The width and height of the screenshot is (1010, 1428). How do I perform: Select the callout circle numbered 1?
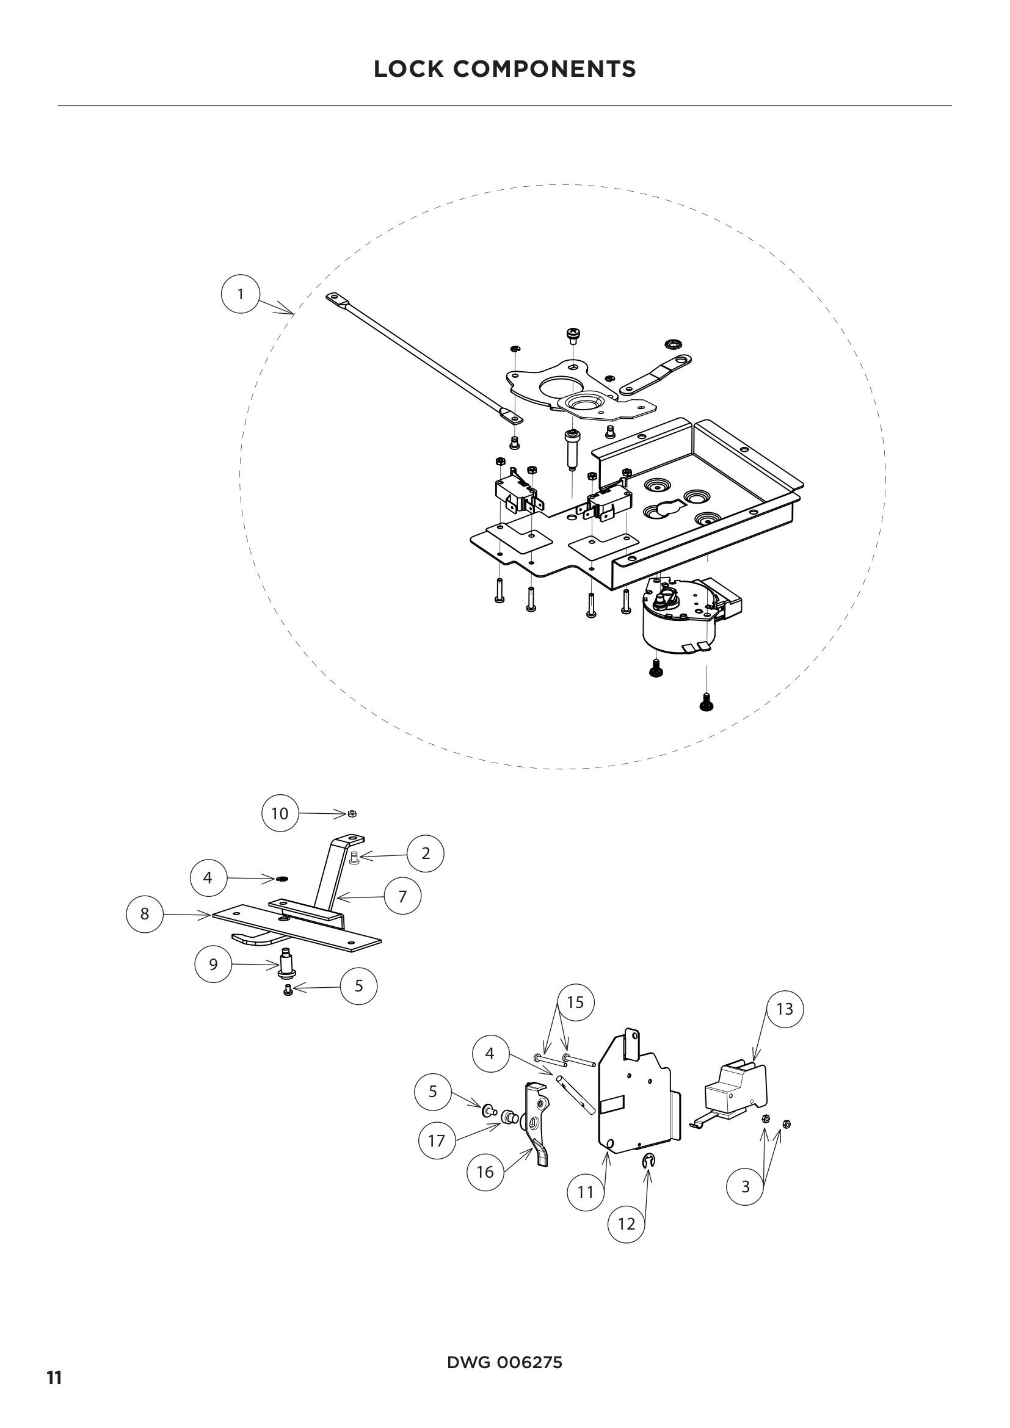241,294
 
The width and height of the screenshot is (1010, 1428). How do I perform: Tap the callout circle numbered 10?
280,813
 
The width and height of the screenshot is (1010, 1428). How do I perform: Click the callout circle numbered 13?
784,1009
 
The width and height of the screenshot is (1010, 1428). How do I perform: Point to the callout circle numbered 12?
627,1224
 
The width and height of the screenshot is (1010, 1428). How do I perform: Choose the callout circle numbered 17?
437,1140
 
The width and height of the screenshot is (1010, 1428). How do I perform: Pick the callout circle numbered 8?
145,914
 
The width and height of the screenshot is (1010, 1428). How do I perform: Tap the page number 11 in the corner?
55,1392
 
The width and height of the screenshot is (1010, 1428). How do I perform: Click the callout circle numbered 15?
576,1002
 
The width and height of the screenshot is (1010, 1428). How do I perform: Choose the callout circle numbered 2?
426,854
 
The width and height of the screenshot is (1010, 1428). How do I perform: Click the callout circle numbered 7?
402,896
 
